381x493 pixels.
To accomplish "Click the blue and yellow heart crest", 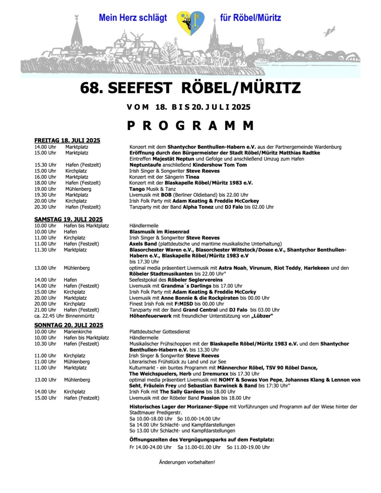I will tap(190, 23).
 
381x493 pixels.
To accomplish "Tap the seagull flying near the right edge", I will tap(329, 31).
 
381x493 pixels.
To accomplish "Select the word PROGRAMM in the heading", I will tap(190, 125).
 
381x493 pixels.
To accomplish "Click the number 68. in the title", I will tap(92, 88).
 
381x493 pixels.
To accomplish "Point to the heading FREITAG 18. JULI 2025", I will tap(67, 140).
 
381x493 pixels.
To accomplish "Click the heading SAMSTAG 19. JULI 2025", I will tap(68, 219).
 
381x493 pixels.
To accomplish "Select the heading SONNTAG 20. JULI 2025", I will tap(68, 325).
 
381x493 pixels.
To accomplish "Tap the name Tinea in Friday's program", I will tap(192, 177).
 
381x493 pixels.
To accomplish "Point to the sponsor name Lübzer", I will tap(261, 316).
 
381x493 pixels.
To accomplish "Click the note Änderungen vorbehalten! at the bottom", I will tap(187, 462).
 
